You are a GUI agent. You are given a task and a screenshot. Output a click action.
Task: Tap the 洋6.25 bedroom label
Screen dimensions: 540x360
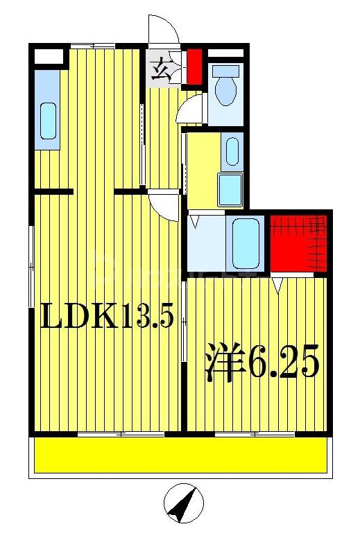(x=262, y=362)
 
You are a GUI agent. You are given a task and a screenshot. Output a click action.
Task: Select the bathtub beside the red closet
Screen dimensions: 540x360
(x=245, y=243)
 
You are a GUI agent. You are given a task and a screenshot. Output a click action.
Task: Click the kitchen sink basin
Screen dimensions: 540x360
(x=48, y=121)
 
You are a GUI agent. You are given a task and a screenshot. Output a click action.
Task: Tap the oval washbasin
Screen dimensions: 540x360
(x=232, y=150)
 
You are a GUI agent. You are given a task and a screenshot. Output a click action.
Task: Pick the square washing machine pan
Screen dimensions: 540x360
(x=230, y=188)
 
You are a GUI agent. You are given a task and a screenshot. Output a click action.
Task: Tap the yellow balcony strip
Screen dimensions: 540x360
(x=180, y=455)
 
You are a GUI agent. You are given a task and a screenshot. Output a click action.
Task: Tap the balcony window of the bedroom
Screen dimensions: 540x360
(x=255, y=434)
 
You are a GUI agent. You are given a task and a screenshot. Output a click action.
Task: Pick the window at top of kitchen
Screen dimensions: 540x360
(x=92, y=46)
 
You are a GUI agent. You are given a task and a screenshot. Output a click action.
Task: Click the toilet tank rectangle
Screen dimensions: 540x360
(x=226, y=71)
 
